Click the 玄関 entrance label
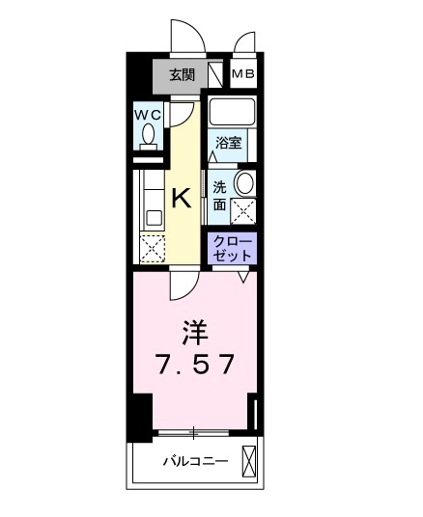click(183, 75)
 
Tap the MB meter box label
click(243, 74)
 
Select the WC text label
click(148, 115)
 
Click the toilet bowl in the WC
click(149, 134)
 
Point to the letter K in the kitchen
click(183, 198)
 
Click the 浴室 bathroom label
click(228, 143)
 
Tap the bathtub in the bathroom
click(233, 111)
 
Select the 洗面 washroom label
click(219, 196)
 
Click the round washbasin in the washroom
click(244, 183)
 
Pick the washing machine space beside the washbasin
click(243, 211)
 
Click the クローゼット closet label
click(232, 249)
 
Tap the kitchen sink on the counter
click(155, 218)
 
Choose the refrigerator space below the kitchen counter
click(153, 249)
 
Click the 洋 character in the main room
click(195, 333)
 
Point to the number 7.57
click(195, 364)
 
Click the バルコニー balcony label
click(195, 461)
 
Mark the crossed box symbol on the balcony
click(249, 460)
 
